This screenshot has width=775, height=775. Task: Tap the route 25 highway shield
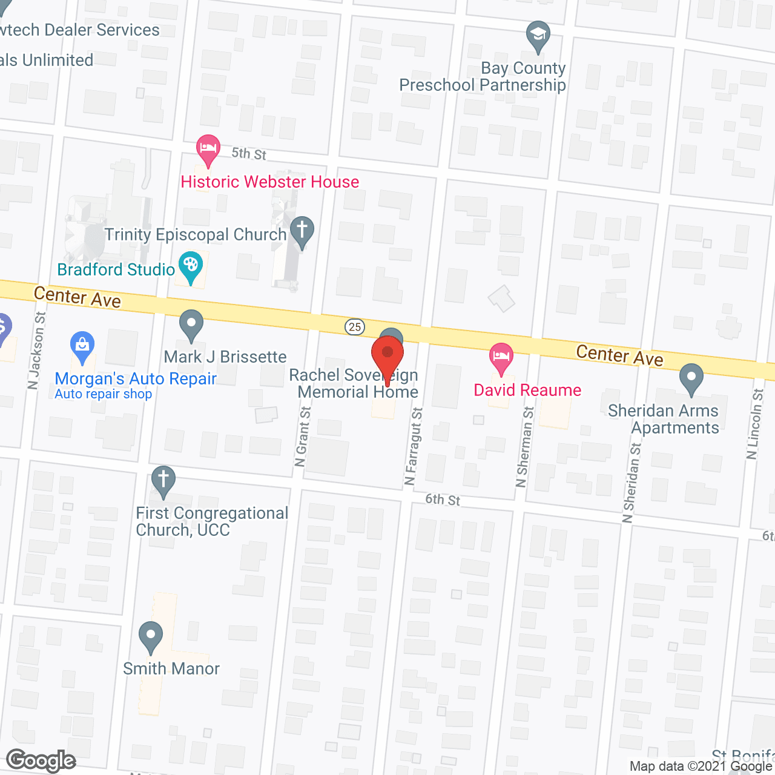(355, 327)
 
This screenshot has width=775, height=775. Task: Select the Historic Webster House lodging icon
(208, 148)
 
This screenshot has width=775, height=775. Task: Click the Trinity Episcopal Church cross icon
(302, 231)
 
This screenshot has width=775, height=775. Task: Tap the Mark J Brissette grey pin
(191, 324)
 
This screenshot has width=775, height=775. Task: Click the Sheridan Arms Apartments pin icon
(691, 377)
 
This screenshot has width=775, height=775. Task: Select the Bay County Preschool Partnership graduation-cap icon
(537, 35)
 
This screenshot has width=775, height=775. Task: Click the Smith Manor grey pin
(150, 636)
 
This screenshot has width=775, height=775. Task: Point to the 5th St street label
(249, 154)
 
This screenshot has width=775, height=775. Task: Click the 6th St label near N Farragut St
(443, 500)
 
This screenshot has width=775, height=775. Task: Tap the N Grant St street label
(302, 436)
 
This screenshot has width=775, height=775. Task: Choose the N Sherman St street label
(525, 447)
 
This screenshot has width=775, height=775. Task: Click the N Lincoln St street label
(755, 424)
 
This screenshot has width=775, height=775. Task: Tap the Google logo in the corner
(41, 760)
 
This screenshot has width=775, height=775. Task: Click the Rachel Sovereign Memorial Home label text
(355, 384)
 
